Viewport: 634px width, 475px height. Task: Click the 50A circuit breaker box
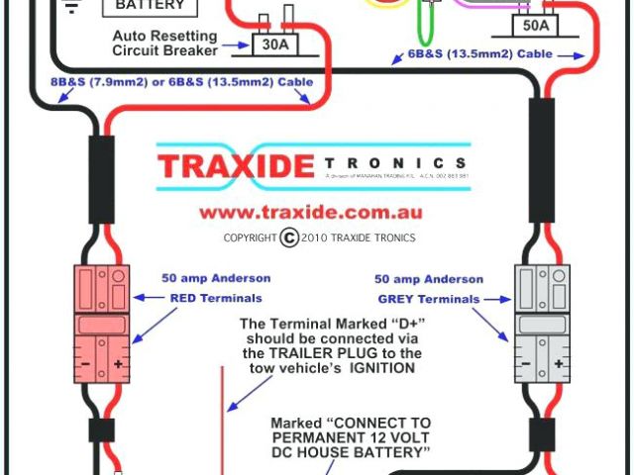point(534,26)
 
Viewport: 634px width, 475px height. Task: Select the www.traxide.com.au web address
point(311,212)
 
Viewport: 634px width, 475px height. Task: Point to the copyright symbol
point(289,237)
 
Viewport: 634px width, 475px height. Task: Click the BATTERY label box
point(150,6)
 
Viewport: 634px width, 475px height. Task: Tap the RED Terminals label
point(215,297)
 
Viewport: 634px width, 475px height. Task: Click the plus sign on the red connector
point(119,364)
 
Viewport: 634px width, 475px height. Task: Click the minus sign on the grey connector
point(525,364)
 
